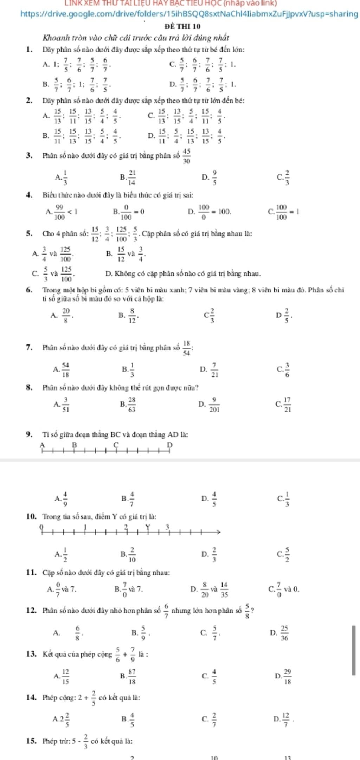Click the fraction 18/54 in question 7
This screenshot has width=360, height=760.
[x=187, y=348]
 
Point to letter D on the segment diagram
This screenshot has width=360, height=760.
[x=170, y=445]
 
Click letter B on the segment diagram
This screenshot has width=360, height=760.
[x=74, y=445]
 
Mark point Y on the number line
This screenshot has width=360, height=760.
[x=148, y=527]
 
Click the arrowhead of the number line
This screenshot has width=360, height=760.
[x=218, y=532]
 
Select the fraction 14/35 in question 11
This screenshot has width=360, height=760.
[x=224, y=590]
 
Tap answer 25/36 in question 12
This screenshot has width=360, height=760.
[x=284, y=633]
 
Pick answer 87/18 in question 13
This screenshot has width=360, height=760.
[x=132, y=675]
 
